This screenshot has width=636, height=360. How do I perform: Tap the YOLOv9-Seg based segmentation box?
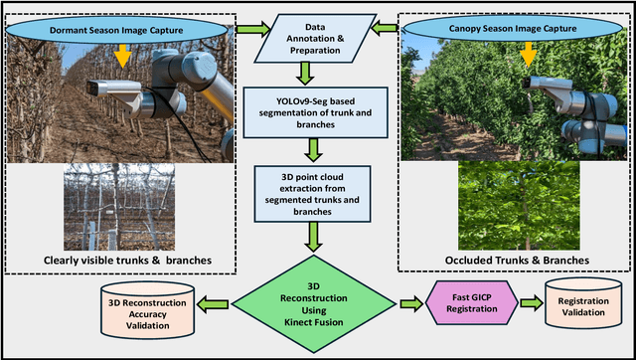pyautogui.click(x=315, y=110)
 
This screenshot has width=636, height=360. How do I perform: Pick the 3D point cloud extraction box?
pyautogui.click(x=315, y=192)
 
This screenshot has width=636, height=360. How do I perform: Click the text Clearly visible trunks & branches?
pyautogui.click(x=122, y=261)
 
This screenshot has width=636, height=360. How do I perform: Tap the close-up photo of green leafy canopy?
pyautogui.click(x=513, y=204)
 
